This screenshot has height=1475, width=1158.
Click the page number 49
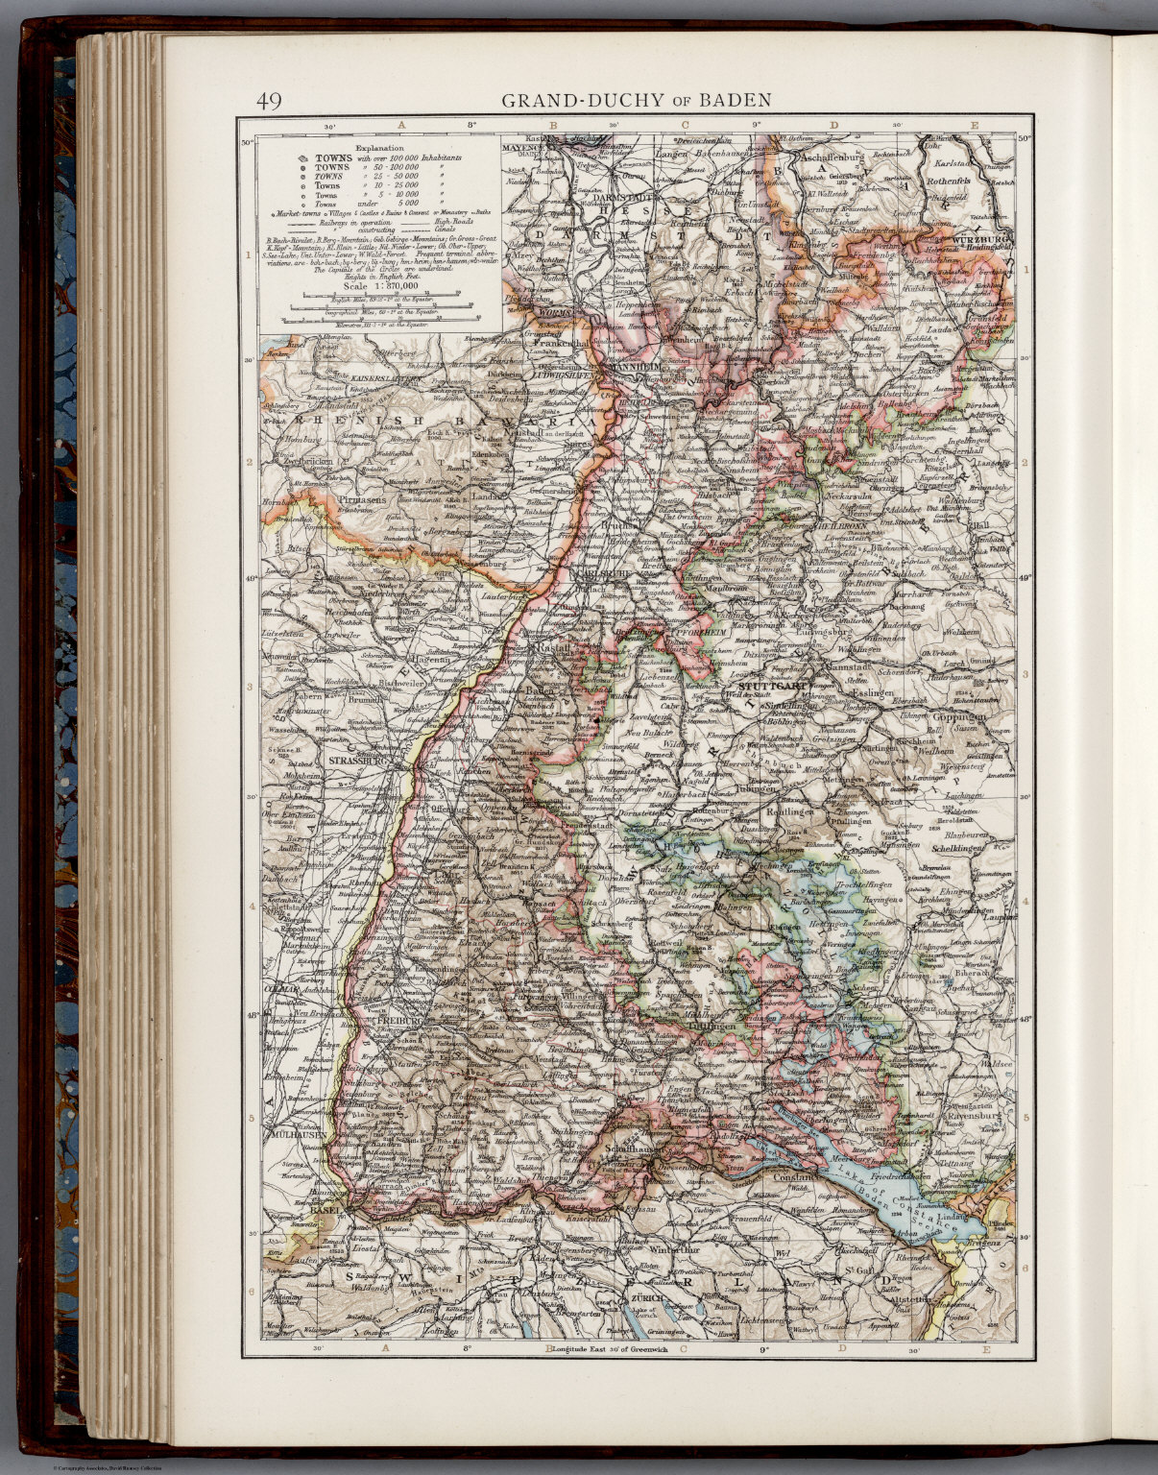point(268,101)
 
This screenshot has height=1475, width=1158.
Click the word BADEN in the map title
point(735,100)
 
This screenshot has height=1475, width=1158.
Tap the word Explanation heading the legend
point(381,149)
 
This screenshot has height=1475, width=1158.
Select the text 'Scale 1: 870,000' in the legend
point(380,285)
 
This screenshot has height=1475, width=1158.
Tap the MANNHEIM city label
point(626,367)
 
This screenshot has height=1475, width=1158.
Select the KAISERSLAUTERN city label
point(387,379)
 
